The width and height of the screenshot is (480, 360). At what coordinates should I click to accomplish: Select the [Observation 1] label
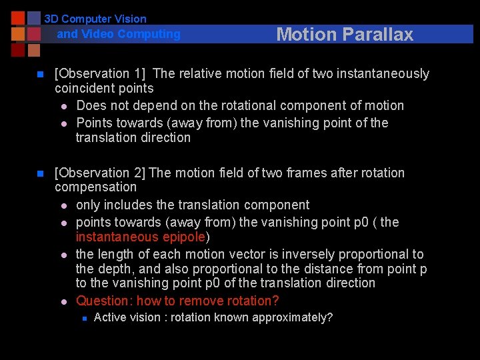tap(101, 73)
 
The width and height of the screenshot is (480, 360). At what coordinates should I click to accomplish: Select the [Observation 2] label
tap(100, 173)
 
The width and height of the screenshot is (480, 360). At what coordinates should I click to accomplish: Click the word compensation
tap(95, 187)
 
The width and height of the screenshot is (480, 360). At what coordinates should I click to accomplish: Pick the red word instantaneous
tap(117, 237)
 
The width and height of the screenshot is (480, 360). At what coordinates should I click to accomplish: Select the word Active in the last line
tap(109, 317)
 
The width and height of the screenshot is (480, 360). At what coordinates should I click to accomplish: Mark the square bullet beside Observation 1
tap(39, 74)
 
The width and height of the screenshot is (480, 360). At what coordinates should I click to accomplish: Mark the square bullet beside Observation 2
tap(39, 173)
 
